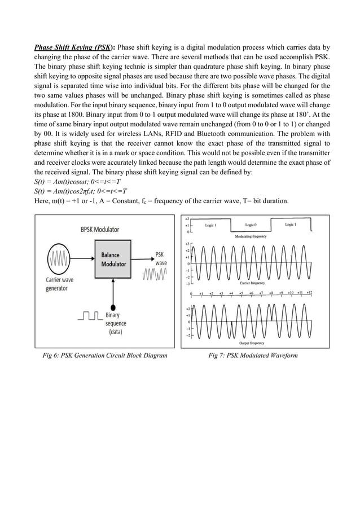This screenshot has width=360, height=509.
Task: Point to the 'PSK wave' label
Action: pos(161,259)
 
